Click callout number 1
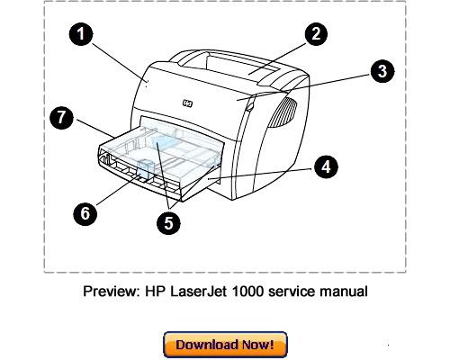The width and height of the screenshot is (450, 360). point(82,36)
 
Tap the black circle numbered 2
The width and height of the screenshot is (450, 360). point(314,35)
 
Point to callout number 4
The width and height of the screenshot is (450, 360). point(326,166)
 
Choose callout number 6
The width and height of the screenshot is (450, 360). point(83,213)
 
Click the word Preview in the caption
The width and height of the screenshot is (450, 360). point(107,292)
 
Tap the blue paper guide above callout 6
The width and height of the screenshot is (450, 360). point(141,169)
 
